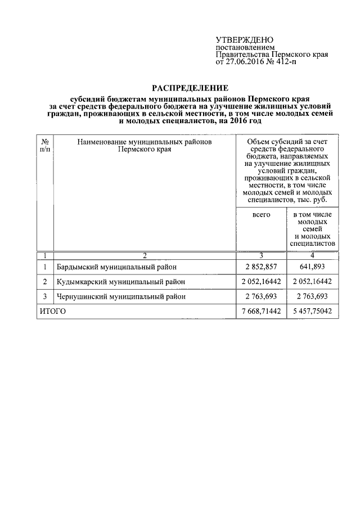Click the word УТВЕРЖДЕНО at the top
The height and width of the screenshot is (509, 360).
pyautogui.click(x=245, y=40)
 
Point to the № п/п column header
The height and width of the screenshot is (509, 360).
pyautogui.click(x=45, y=146)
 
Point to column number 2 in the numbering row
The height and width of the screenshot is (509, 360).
pyautogui.click(x=145, y=255)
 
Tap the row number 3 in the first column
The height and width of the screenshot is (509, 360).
pyautogui.click(x=45, y=296)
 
